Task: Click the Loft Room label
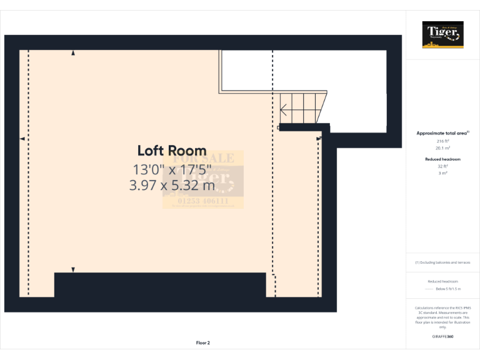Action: tap(172, 151)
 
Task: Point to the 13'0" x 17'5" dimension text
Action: tap(172, 168)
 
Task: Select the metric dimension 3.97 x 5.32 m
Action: tap(172, 185)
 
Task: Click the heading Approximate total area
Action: tap(442, 133)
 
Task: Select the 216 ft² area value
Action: tap(443, 142)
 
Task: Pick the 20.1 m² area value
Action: tap(443, 148)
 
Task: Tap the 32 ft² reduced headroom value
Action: tap(443, 166)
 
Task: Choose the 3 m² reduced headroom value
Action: tap(443, 172)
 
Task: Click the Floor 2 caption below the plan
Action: tap(203, 342)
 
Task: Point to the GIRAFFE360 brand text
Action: tap(443, 337)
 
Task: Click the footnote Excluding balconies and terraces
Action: tap(443, 262)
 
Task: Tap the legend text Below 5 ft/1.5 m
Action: tap(448, 289)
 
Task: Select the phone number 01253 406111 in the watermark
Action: tap(203, 201)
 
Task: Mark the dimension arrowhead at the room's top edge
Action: tap(73, 54)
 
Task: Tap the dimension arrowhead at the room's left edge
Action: tap(22, 138)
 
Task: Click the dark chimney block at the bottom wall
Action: tap(160, 284)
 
